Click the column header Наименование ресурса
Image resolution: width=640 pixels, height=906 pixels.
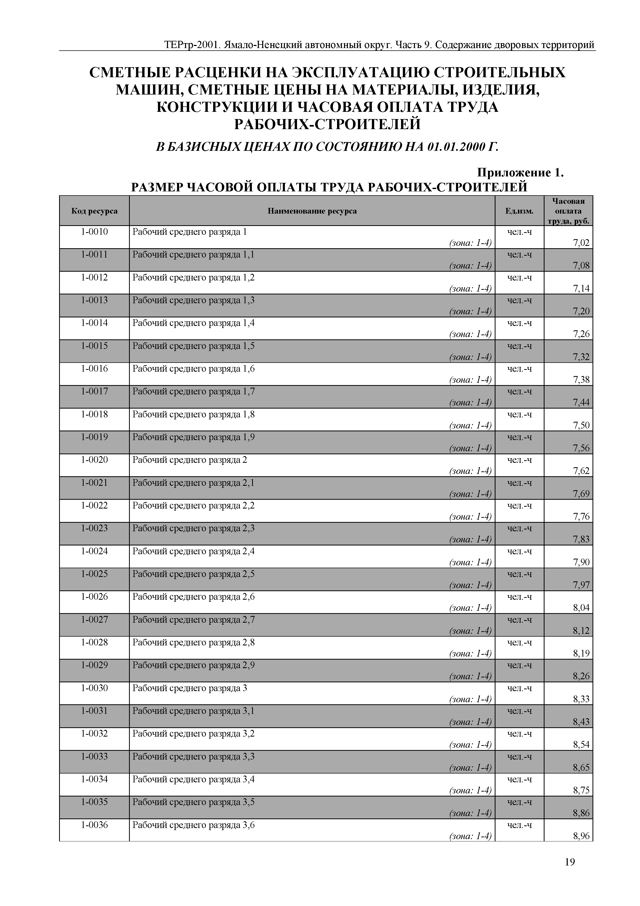click(x=312, y=211)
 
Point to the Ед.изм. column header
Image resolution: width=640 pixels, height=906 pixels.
click(x=519, y=211)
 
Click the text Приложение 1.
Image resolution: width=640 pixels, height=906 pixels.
click(x=521, y=173)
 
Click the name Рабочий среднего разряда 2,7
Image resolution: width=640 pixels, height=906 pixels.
click(x=194, y=620)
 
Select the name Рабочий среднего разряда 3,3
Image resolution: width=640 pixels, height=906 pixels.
click(x=194, y=757)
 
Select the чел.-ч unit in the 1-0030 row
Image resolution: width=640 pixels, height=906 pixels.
click(x=519, y=688)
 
